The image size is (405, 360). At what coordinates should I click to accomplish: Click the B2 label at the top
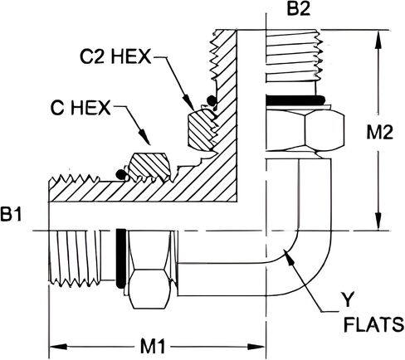299,8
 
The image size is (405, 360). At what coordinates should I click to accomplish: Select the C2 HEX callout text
115,56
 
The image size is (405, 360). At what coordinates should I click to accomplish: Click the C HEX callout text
81,108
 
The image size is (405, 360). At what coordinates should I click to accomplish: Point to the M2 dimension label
379,132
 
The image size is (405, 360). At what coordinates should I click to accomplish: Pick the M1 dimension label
153,347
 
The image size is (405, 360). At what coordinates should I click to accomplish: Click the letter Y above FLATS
348,299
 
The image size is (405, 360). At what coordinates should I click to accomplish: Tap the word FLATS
373,324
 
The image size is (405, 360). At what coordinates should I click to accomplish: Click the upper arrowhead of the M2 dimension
379,38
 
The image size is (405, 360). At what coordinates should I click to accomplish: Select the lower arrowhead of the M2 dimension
379,221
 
